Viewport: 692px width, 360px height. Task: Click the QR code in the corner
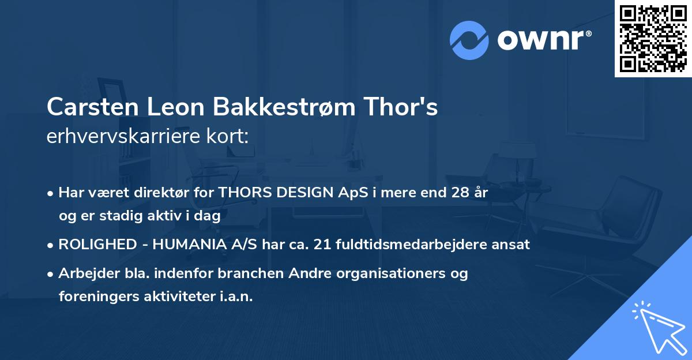pyautogui.click(x=653, y=39)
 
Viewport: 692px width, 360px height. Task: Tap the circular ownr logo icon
pyautogui.click(x=469, y=40)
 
